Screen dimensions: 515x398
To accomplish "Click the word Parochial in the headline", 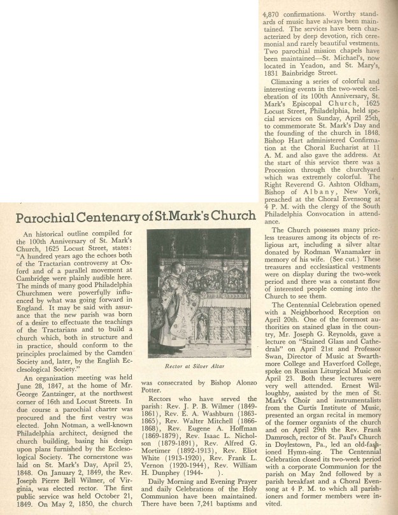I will pyautogui.click(x=45, y=217).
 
